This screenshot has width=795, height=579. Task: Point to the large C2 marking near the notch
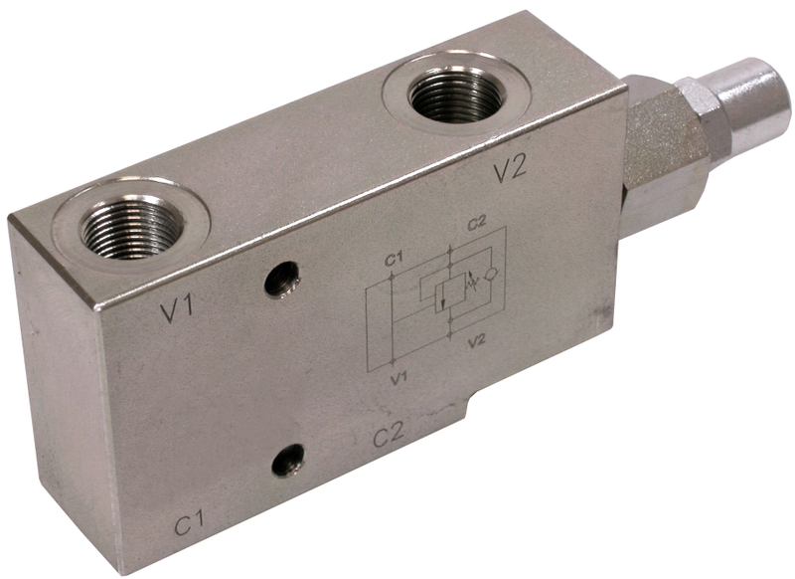[x=391, y=437]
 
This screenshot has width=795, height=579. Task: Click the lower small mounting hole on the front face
[x=288, y=459]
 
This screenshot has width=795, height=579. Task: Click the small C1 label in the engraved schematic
[x=392, y=261]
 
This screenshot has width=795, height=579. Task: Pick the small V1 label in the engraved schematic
[x=398, y=378]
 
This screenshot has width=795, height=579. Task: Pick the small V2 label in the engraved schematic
[x=476, y=341]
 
